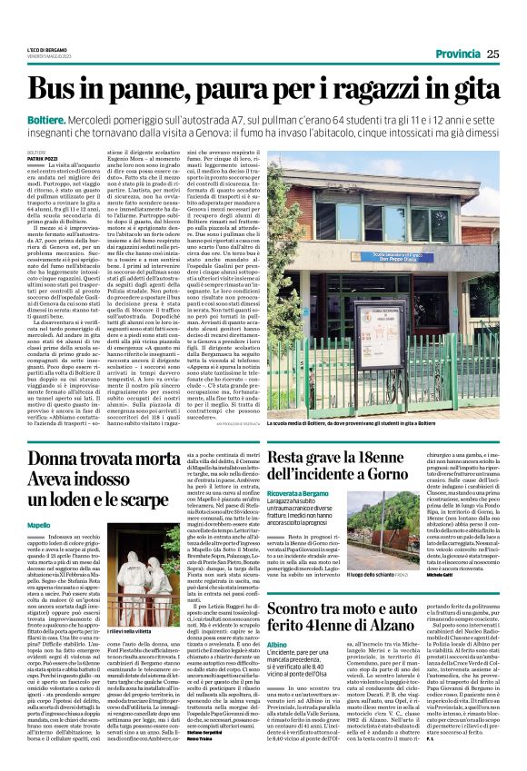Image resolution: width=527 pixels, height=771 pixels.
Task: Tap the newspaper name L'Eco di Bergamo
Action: click(42, 50)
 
